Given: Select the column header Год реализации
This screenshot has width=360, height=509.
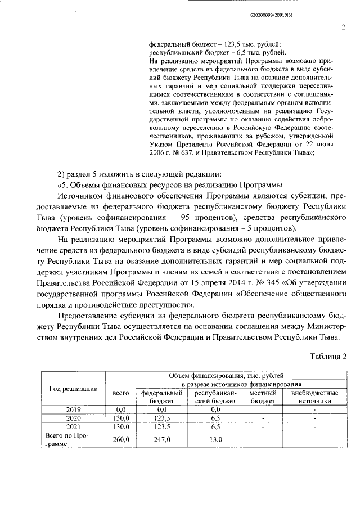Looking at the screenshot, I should [x=74, y=388].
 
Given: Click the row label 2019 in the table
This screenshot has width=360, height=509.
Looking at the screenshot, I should [x=74, y=409].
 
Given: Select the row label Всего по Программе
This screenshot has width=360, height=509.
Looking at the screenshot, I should [x=66, y=439].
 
